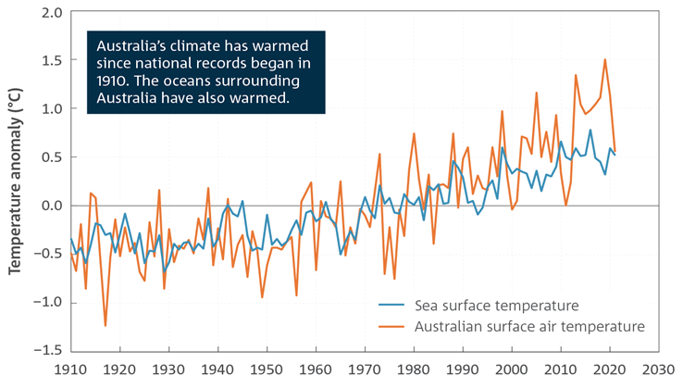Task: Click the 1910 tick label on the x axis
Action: click(x=71, y=369)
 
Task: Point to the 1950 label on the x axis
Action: click(x=267, y=369)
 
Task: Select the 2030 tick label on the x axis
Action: click(x=658, y=369)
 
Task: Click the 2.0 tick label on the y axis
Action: click(x=51, y=13)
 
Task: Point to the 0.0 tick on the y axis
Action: click(x=51, y=205)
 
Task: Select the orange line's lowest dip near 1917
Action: click(x=106, y=325)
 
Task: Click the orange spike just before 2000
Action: click(x=503, y=112)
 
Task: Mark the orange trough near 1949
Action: click(x=262, y=297)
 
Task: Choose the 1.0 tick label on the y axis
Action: click(x=51, y=108)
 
